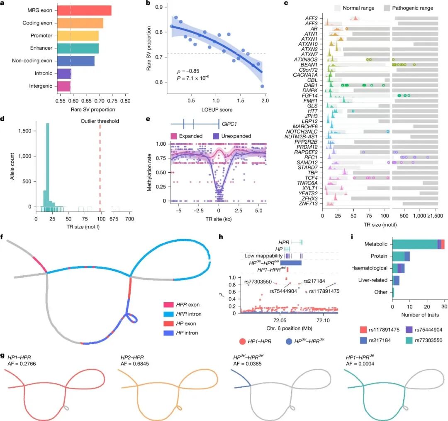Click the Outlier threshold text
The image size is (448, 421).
coord(100,121)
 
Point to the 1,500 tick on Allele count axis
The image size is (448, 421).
coord(25,131)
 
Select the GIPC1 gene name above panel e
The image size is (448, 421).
coord(227,123)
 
